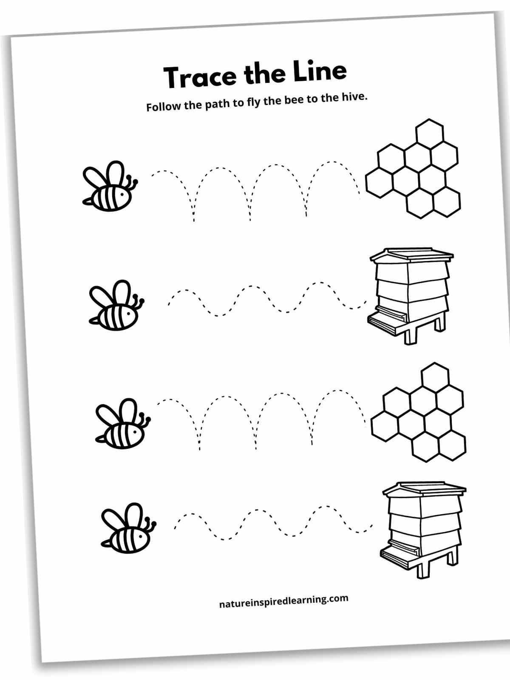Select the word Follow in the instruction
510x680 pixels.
click(164, 107)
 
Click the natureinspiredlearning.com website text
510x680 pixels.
click(283, 601)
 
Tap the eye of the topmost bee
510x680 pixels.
click(122, 195)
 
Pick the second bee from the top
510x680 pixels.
click(116, 306)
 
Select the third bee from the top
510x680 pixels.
click(123, 423)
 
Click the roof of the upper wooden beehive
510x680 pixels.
click(412, 255)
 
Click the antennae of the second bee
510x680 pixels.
click(137, 301)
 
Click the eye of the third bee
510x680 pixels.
click(135, 431)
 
